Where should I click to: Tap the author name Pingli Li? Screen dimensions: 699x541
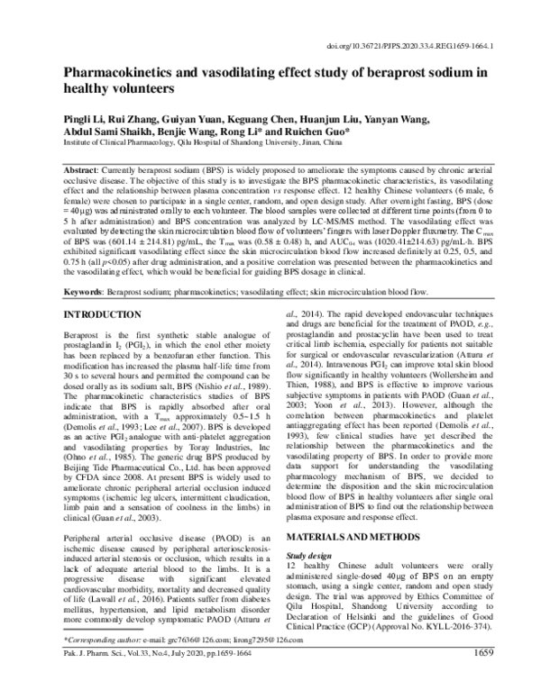82,117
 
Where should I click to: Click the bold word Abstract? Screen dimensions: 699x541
83,170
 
